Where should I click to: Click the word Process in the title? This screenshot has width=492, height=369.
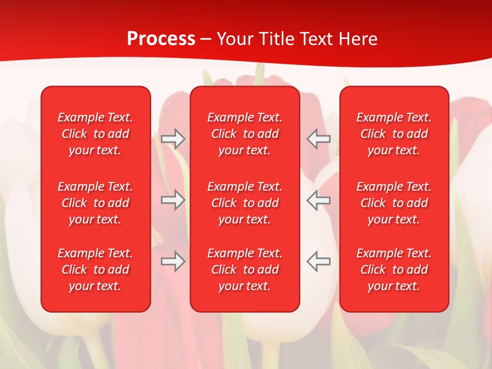pyautogui.click(x=161, y=39)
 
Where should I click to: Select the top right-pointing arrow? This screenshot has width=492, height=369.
pyautogui.click(x=173, y=139)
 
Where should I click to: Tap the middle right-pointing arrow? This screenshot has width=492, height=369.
pyautogui.click(x=173, y=200)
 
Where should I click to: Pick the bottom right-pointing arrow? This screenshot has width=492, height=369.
pyautogui.click(x=173, y=261)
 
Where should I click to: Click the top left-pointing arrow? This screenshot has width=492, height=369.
pyautogui.click(x=318, y=139)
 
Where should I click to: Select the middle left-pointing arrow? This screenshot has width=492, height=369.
pyautogui.click(x=318, y=200)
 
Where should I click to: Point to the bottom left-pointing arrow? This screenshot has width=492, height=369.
pyautogui.click(x=318, y=261)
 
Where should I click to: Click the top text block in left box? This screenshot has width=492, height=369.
pyautogui.click(x=95, y=134)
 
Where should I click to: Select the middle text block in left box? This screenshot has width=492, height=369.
pyautogui.click(x=95, y=203)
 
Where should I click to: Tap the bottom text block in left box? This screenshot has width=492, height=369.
pyautogui.click(x=95, y=270)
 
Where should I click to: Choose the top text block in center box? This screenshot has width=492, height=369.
pyautogui.click(x=245, y=134)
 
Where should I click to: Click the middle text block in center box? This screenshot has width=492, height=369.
pyautogui.click(x=245, y=203)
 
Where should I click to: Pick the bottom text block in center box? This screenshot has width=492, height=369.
pyautogui.click(x=245, y=270)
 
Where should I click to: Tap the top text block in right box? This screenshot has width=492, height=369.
pyautogui.click(x=394, y=134)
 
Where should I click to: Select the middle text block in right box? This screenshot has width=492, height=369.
pyautogui.click(x=394, y=203)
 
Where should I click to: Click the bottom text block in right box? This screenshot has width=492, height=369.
pyautogui.click(x=394, y=270)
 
